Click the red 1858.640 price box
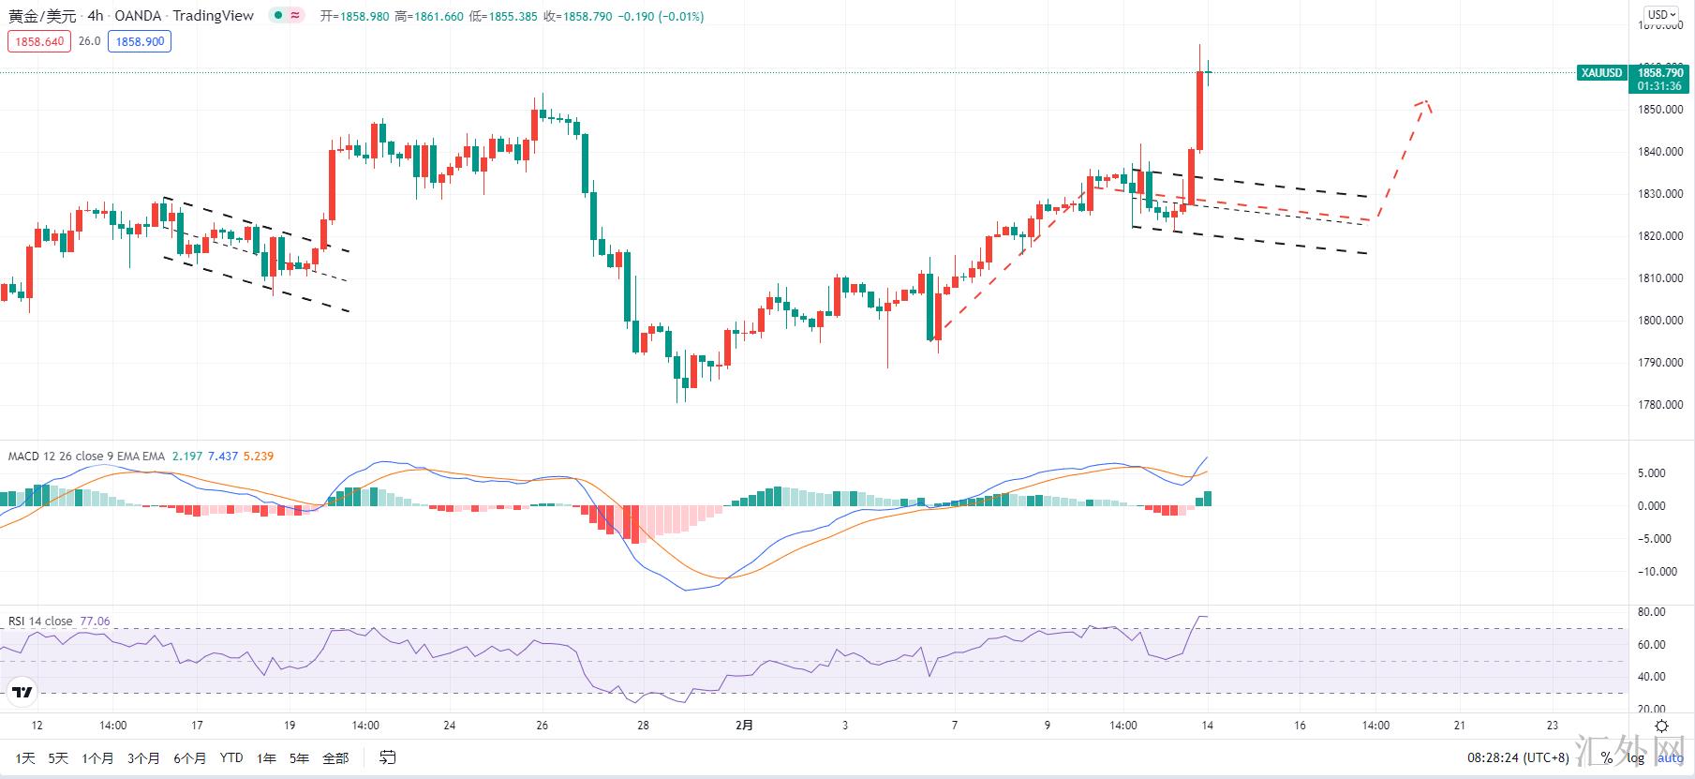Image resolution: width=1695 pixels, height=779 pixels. coord(39,41)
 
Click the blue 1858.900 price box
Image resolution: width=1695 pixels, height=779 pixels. coord(140,41)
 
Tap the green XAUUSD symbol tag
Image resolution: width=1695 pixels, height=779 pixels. coord(1601,73)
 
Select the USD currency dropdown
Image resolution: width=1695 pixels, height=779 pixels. coord(1661,14)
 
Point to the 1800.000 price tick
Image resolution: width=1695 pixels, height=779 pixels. coord(1660,321)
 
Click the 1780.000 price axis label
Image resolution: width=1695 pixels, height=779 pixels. coord(1660,405)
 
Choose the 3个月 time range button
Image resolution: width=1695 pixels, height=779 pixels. coord(143,757)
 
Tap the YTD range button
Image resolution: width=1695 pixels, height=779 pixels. coord(230,757)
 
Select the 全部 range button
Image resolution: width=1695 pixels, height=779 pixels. coord(335,757)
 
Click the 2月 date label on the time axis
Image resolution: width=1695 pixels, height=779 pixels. coord(744,725)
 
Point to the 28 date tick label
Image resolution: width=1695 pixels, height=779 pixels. coord(643,725)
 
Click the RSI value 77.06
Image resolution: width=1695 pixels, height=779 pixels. coord(95,622)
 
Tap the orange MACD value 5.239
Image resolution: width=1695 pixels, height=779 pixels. coord(258,457)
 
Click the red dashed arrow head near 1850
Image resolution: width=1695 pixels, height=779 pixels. coord(1424,103)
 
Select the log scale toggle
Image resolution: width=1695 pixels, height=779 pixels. coord(1635,757)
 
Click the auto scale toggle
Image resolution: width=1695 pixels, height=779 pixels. coord(1671,757)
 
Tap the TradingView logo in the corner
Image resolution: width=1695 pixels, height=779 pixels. coord(21,694)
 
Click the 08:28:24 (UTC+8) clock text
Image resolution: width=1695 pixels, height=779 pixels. coord(1517,757)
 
